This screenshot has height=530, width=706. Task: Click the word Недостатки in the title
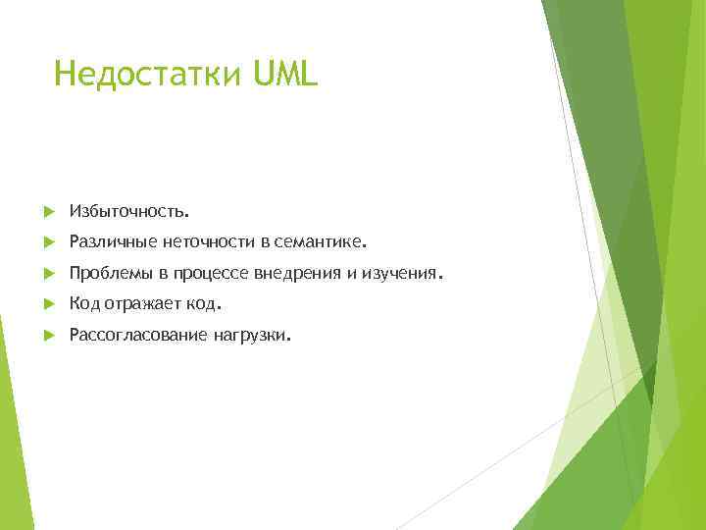coord(147,74)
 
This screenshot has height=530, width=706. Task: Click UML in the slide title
coord(285,74)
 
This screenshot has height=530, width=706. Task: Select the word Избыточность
coord(129,210)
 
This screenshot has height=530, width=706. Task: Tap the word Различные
coord(106,241)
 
